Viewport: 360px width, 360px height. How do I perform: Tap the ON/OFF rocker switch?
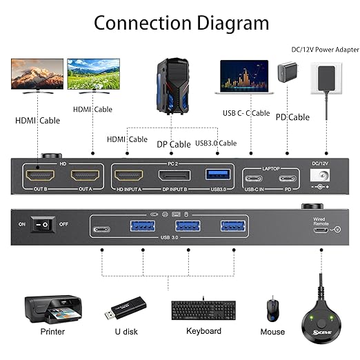(x=46, y=226)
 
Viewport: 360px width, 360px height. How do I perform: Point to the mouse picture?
(x=272, y=308)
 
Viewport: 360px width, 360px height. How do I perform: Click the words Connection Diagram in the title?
(x=181, y=23)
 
